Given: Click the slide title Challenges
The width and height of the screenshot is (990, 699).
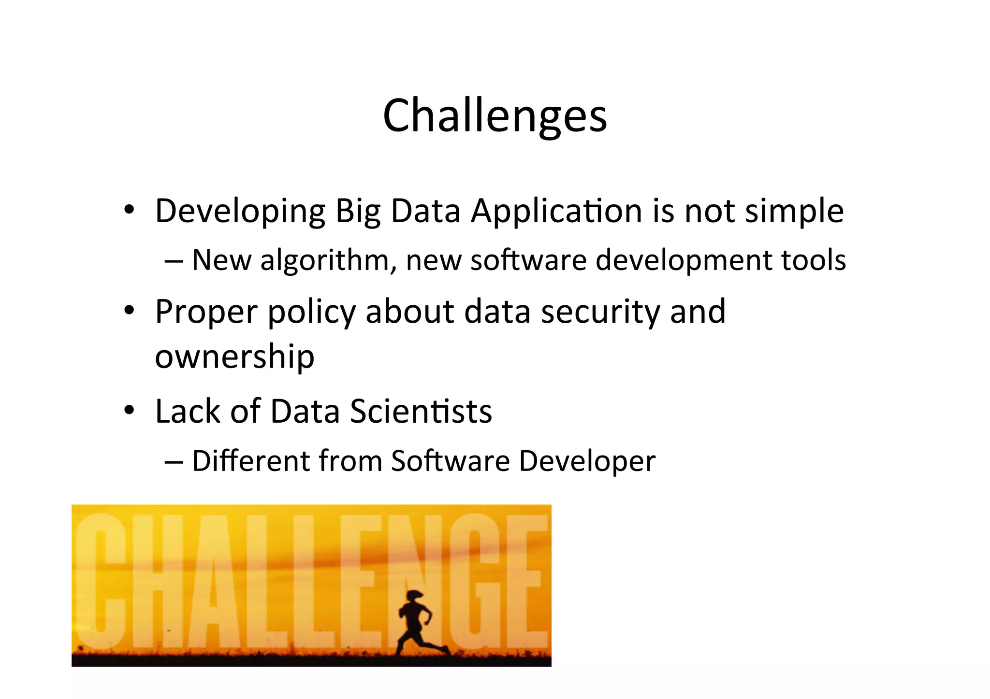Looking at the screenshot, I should tap(495, 116).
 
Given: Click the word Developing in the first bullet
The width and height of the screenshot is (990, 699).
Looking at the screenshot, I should tap(240, 212).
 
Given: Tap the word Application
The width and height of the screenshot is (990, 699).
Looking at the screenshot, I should tap(556, 212).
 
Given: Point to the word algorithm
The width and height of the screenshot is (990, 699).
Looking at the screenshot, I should tap(324, 261).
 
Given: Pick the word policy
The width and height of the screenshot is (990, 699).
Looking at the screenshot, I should tap(311, 312).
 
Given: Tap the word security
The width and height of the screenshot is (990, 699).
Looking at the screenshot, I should tap(600, 312).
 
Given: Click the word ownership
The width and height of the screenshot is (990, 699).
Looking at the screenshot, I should tap(234, 357).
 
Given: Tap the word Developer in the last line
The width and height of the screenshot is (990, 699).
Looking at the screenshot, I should tap(587, 461).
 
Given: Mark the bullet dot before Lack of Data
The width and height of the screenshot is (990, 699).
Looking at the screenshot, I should tap(129, 410).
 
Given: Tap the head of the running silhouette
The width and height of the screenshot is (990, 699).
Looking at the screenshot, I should tap(415, 596).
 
